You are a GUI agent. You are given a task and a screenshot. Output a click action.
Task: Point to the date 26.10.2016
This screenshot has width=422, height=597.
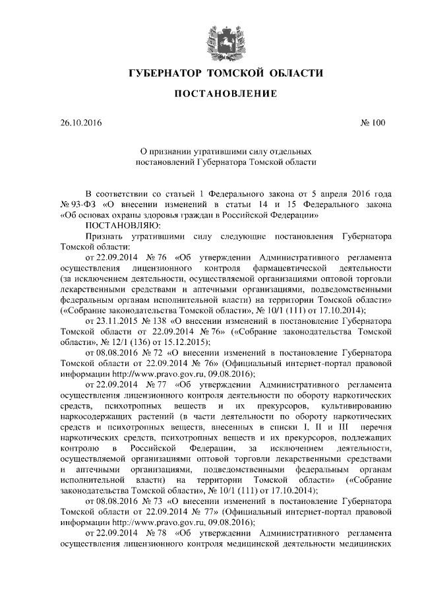[81, 123]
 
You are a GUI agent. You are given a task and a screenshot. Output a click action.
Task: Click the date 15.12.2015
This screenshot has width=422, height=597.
[187, 340]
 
